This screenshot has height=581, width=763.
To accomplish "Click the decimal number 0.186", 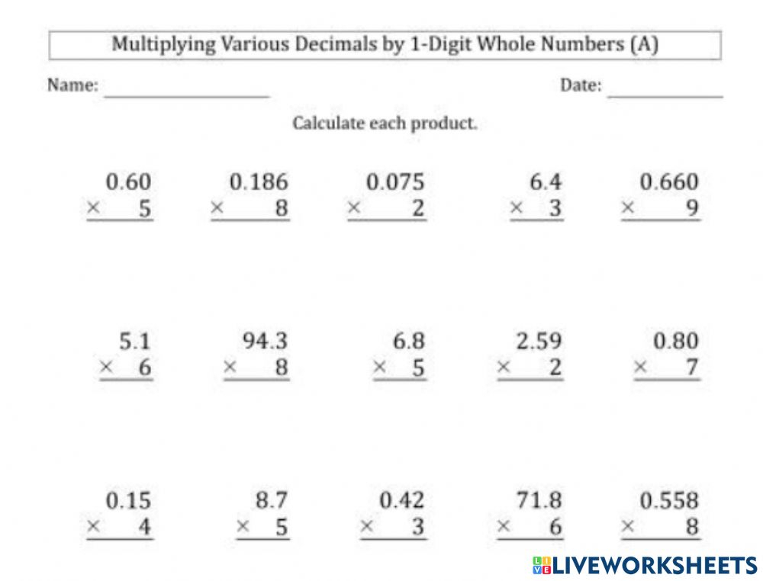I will pos(259,182).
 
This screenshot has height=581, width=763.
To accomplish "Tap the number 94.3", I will pos(266,341).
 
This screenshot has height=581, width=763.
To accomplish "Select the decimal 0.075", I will pos(395,182).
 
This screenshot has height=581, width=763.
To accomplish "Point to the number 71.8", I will pos(538,500).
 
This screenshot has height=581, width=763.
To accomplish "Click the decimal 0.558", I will pos(669,500).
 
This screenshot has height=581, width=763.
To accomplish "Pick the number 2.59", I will pos(539,341).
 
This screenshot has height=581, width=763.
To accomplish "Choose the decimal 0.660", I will pos(669,182).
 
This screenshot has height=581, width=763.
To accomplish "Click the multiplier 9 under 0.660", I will pos(691,208).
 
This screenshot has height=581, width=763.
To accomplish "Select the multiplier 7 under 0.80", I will pos(691,368).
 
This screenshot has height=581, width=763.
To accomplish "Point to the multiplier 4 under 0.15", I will pos(144,527).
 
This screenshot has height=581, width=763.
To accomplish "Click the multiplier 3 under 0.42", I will pos(418,527).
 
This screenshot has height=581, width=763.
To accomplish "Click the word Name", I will pos(72,85).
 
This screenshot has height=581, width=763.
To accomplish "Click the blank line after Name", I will pos(187,95).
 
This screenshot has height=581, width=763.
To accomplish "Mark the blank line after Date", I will pos(665,95).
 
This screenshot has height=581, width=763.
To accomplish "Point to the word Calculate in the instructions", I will pos(329,124).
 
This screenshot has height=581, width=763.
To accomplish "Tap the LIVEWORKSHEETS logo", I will pos(645,565).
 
